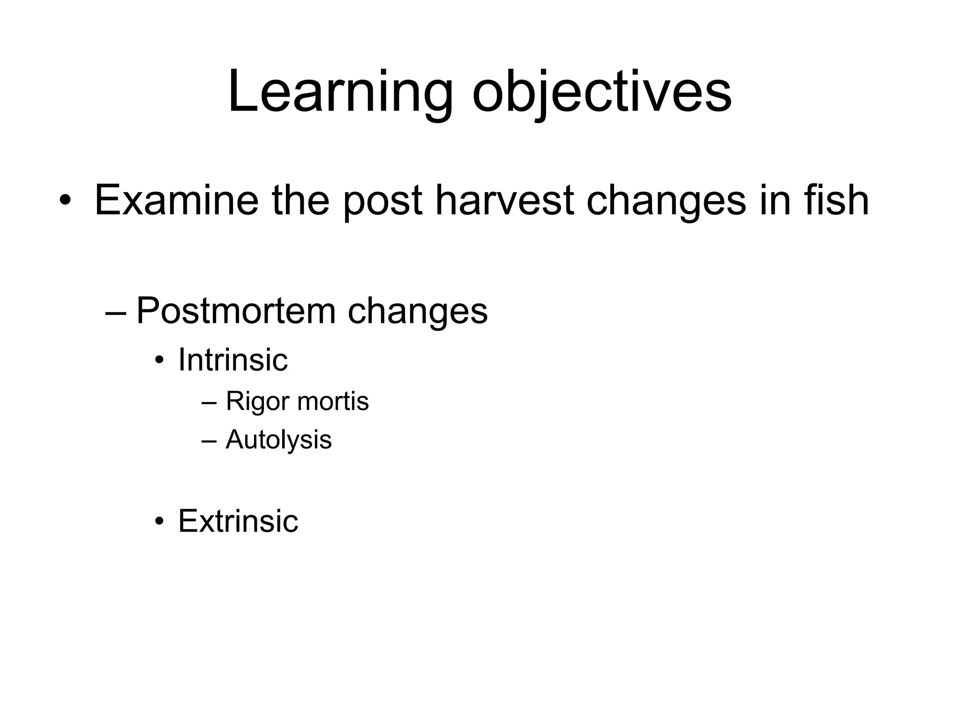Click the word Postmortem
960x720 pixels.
point(236,310)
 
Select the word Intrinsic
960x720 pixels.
point(233,360)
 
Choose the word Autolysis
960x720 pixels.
point(278,440)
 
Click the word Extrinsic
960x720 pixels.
point(238,521)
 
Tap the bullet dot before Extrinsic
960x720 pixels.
point(160,522)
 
